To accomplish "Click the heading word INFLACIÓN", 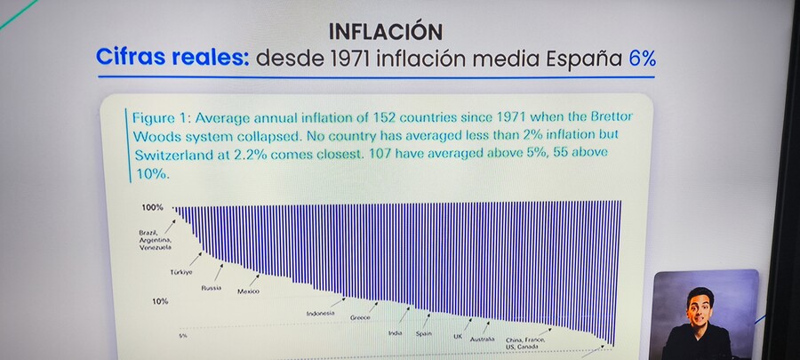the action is pos(386,32).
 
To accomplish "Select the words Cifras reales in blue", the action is pos(172,58).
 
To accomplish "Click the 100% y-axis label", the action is pos(153,207).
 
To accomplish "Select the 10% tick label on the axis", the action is pos(160,301).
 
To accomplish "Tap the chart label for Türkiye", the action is pos(181,272).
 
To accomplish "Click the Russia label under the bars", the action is pos(212,288).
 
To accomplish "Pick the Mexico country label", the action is pos(249,292).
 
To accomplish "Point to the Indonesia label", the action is pos(320,314).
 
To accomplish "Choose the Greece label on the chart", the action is pos(360,317).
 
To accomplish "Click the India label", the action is pos(395,333).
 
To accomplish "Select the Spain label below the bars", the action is pos(423,333).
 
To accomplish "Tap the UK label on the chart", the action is pos(458,337).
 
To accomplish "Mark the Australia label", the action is pos(482,339).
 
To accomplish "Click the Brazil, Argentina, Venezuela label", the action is pos(155,240).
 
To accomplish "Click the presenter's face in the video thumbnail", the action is pos(700,308).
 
